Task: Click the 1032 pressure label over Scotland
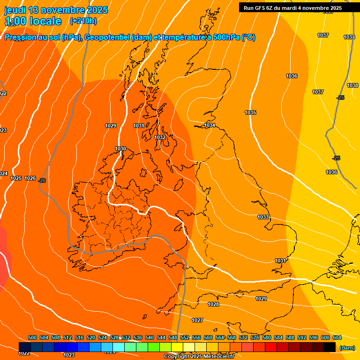(x=160, y=137)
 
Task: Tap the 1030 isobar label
(x=120, y=149)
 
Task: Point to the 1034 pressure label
(x=210, y=125)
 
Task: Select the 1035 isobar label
(x=250, y=112)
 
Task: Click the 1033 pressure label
(x=263, y=217)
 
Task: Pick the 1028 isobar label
(x=213, y=304)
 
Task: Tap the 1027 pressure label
(x=197, y=320)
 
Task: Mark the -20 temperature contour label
(x=42, y=180)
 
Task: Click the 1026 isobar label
(x=30, y=178)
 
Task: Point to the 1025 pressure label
(x=16, y=178)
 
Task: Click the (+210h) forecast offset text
(x=83, y=21)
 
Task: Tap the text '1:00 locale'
(x=33, y=21)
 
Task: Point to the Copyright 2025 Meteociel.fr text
(x=199, y=357)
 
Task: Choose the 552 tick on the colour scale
(x=185, y=337)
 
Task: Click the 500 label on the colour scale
(x=32, y=337)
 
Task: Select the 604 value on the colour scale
(x=337, y=337)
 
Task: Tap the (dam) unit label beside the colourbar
(x=347, y=348)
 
